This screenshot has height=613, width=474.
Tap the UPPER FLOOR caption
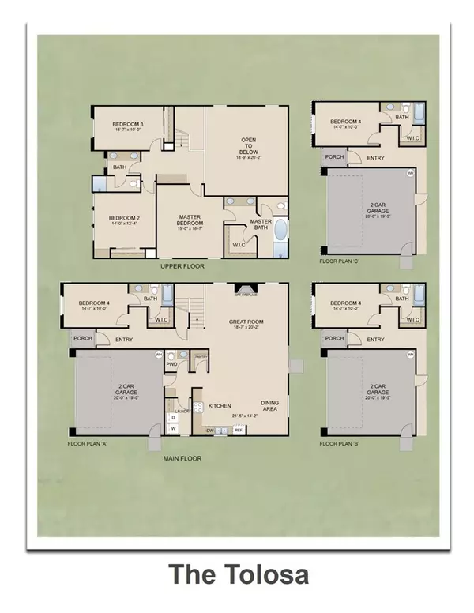[182, 266]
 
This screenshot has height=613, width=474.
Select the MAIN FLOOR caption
[182, 458]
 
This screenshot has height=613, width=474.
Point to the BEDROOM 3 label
[127, 125]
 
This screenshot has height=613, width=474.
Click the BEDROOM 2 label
[124, 218]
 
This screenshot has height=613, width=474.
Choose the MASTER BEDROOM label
[190, 220]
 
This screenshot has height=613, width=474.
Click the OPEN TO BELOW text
[249, 146]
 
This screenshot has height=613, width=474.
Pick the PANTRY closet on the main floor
[201, 358]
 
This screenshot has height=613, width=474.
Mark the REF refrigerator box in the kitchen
[237, 431]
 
